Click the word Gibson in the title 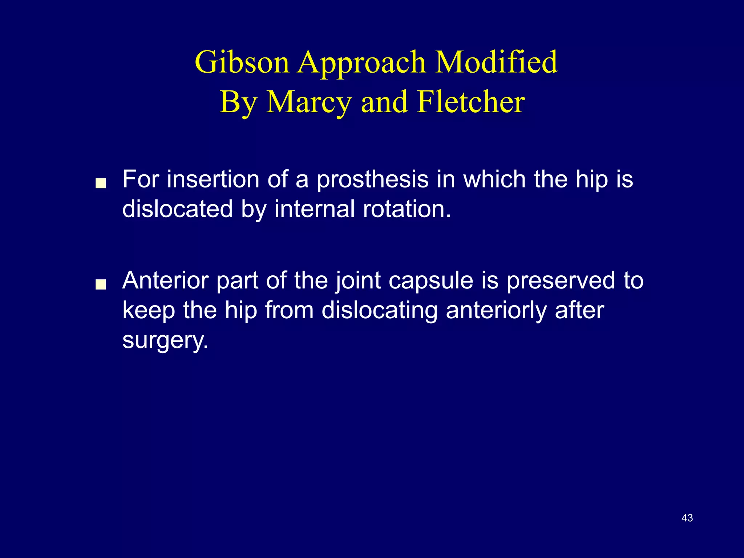point(242,62)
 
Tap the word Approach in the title point(362,62)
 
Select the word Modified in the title point(496,62)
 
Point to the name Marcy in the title point(309,102)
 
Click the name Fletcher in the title point(471,102)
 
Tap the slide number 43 point(687,518)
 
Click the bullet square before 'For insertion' point(100,183)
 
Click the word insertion point(213,179)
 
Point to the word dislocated point(177,209)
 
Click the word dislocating point(379,311)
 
